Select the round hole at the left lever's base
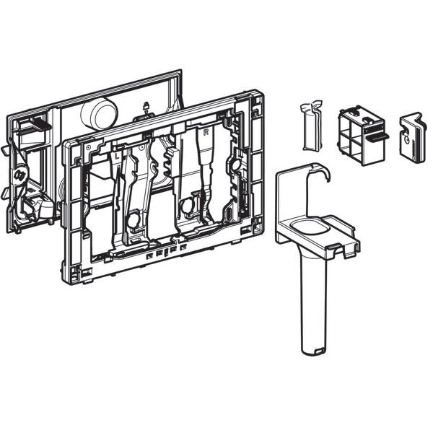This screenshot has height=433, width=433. [x=133, y=219]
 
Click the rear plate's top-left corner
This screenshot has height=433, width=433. [x=9, y=118]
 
